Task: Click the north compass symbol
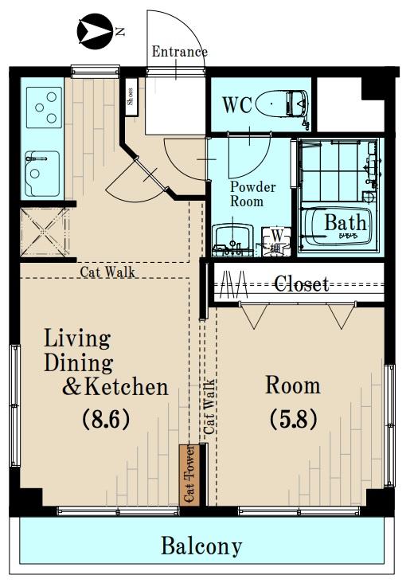pos(95,31)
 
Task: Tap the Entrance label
pos(179,51)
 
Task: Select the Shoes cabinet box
pos(131,96)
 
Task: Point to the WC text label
pos(237,105)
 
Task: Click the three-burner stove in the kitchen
pos(44,108)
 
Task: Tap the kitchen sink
pos(42,174)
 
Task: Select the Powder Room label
pos(252,194)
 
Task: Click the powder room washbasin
pos(232,240)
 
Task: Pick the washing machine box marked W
pos(275,241)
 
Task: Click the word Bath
pos(346,223)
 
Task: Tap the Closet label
pos(302,284)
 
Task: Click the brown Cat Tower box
pos(189,475)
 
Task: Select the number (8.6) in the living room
pos(106,419)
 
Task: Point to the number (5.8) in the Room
pos(293,419)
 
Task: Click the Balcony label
pos(201,546)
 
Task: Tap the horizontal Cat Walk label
pos(107,272)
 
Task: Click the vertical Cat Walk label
pos(209,406)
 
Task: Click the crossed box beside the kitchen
pos(45,233)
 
